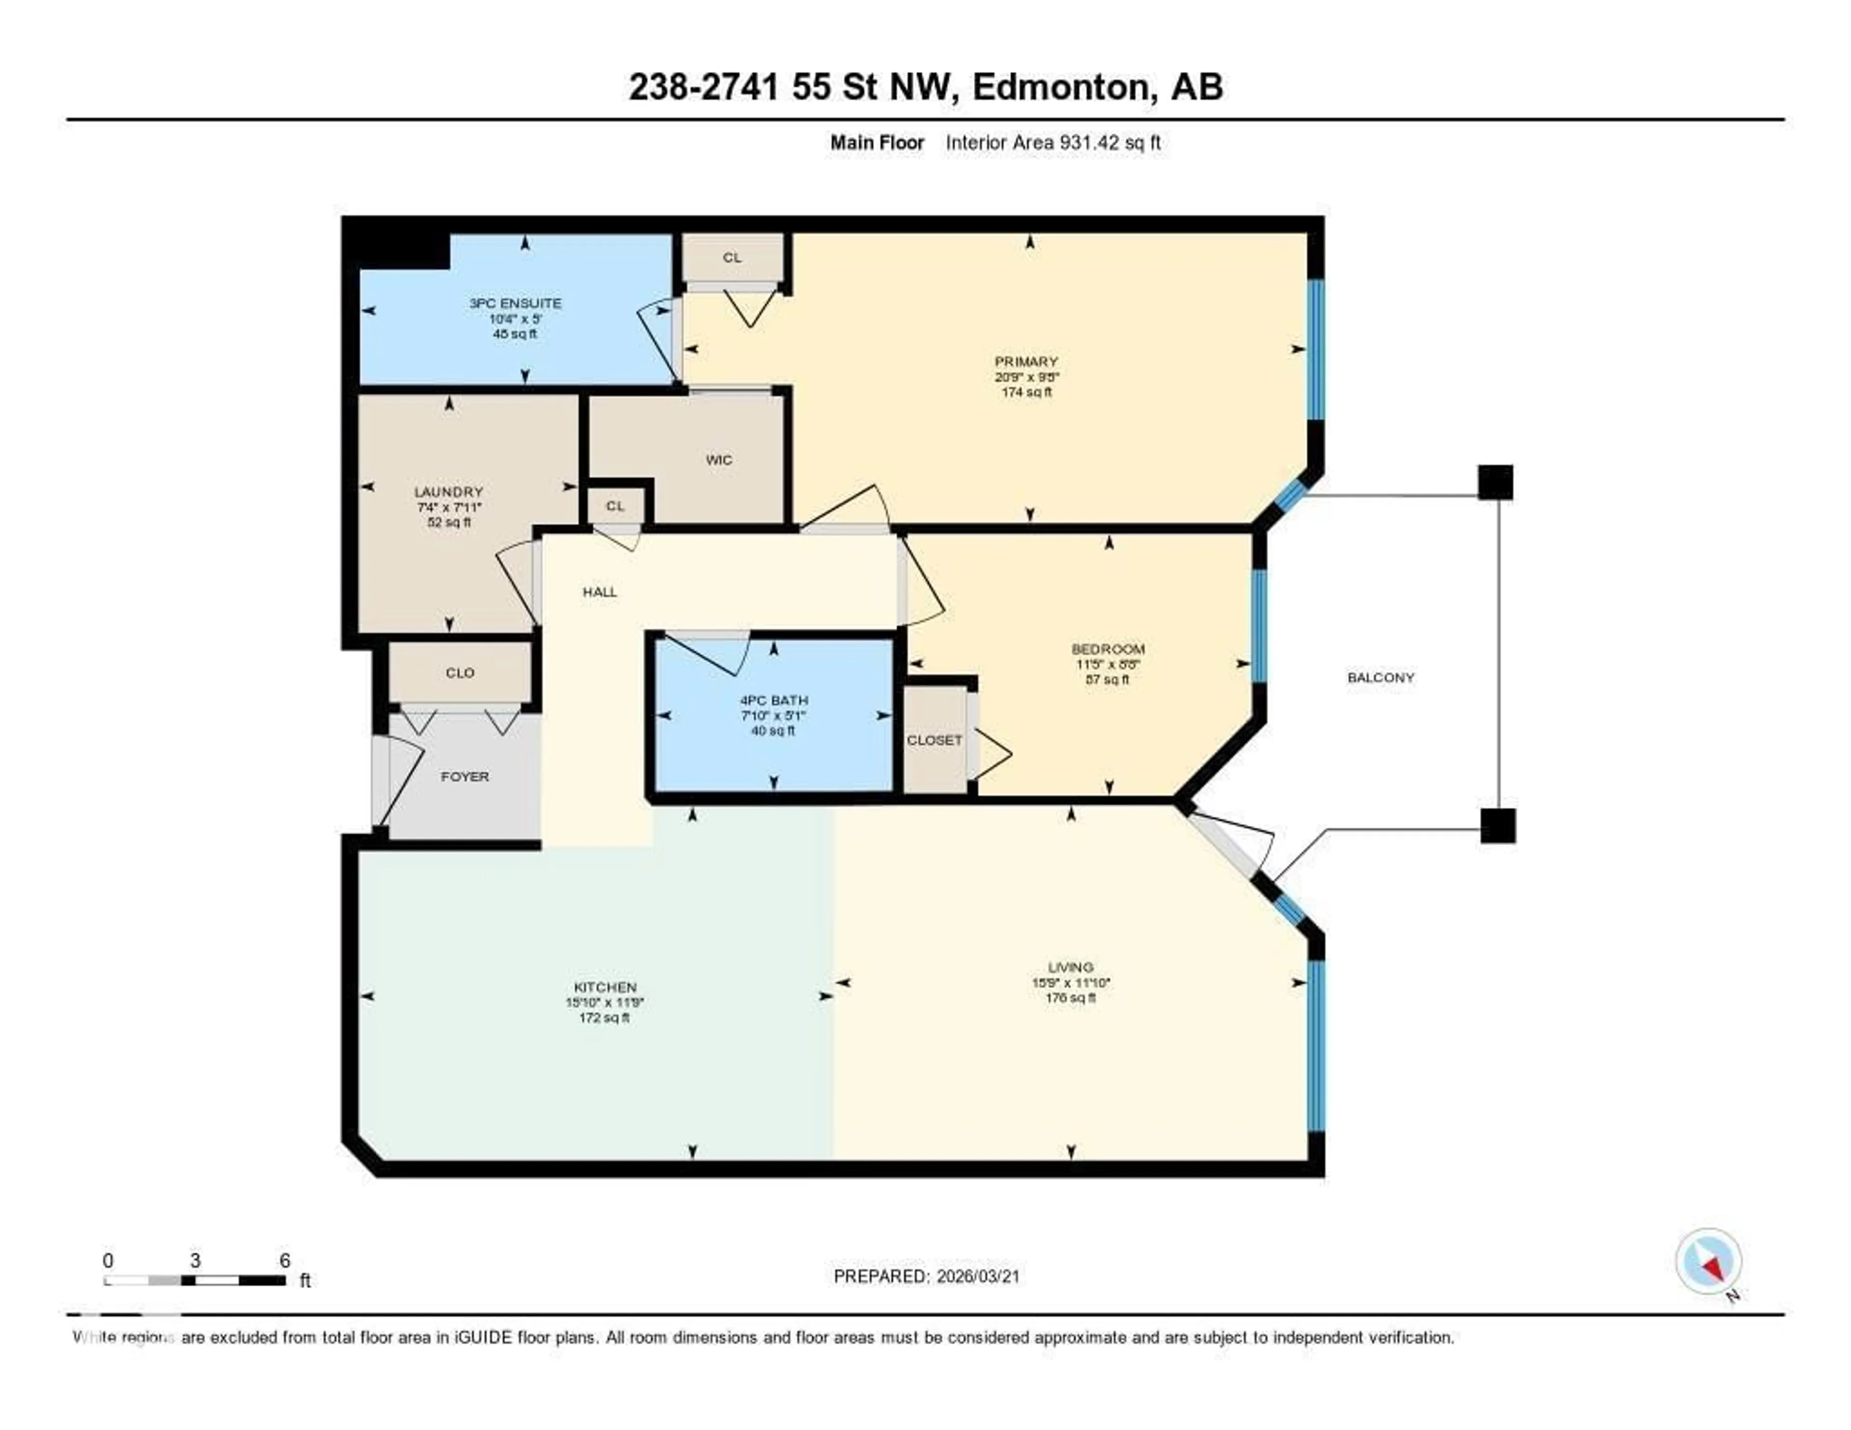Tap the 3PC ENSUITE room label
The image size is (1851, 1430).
[x=515, y=303]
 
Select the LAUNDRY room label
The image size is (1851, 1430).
[x=448, y=492]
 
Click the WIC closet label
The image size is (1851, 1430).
[x=719, y=460]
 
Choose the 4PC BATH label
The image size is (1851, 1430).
[x=773, y=700]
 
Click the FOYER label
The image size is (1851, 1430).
[x=465, y=776]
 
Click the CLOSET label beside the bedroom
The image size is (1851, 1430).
[x=934, y=740]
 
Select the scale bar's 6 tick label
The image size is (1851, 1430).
[x=285, y=1260]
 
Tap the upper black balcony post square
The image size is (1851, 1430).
[x=1495, y=482]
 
